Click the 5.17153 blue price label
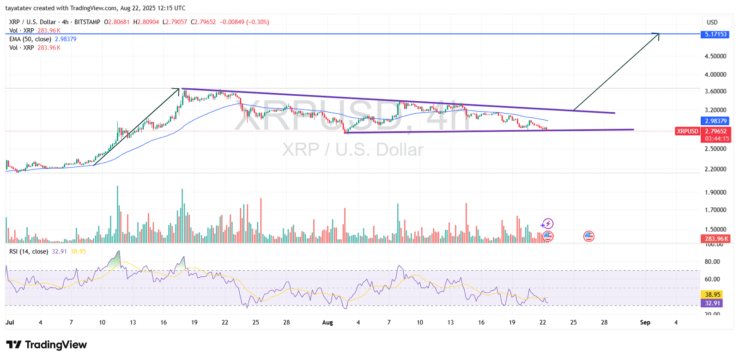coord(715,34)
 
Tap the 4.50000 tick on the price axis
coord(715,56)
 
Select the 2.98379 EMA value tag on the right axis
coord(715,121)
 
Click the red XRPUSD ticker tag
coord(687,131)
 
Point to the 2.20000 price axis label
coord(715,169)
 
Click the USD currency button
coord(712,22)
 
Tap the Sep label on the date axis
coord(645,323)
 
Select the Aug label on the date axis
coord(327,323)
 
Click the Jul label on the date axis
coord(10,323)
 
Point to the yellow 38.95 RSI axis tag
coord(712,294)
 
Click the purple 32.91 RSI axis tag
coord(712,303)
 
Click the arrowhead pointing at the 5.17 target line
coord(656,35)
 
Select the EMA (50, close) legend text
coord(30,39)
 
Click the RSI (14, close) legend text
coord(29,251)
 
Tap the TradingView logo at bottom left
coord(46,345)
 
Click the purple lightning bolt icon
coord(548,224)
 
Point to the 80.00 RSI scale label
coord(712,262)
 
